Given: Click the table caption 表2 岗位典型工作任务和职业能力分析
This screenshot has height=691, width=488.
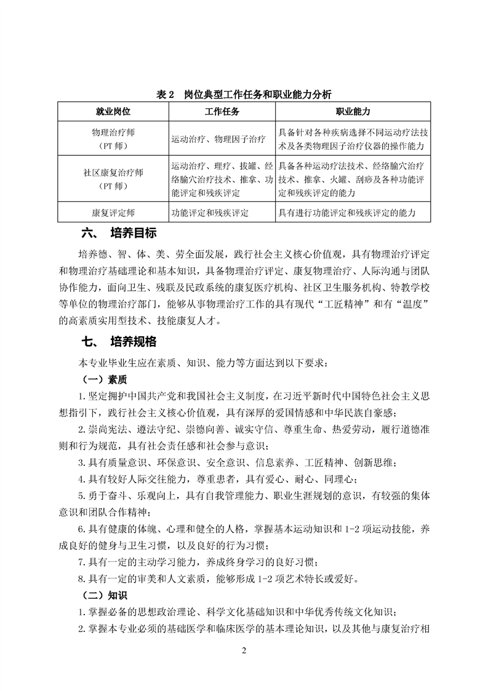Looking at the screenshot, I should [244, 94].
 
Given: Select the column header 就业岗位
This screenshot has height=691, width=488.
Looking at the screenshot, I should [113, 111].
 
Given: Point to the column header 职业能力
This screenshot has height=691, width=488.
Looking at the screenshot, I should [353, 111].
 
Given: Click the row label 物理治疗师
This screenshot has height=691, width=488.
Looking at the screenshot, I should [113, 132].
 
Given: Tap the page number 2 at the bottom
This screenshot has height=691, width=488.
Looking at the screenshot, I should [244, 652].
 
